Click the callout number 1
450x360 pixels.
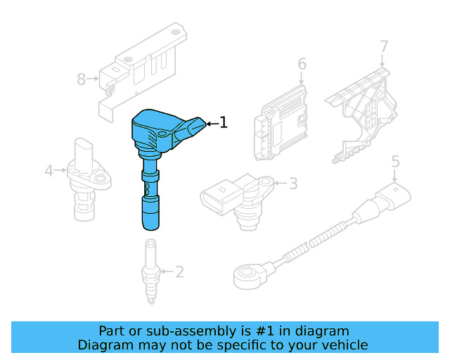(224, 122)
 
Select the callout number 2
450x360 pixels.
(179, 271)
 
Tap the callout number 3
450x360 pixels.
(293, 184)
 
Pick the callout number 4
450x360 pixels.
(49, 171)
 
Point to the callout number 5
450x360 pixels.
(395, 162)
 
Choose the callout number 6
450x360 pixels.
(302, 64)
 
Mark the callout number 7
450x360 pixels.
(384, 46)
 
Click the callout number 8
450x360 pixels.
(82, 79)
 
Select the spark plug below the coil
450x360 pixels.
(151, 271)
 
